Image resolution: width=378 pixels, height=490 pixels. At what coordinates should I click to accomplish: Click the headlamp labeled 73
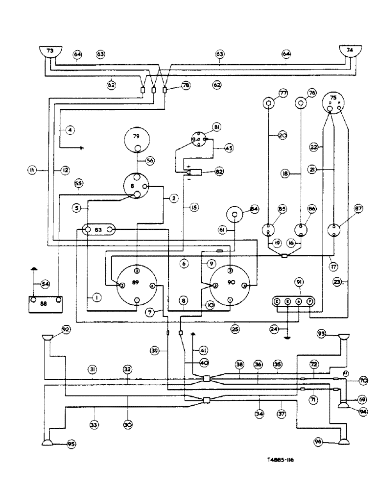[x=50, y=51]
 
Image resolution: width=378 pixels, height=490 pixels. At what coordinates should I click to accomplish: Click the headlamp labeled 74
[x=351, y=51]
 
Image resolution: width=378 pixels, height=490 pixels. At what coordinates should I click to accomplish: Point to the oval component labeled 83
[x=98, y=230]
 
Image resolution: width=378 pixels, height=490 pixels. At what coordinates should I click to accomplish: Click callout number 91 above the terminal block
[x=299, y=282]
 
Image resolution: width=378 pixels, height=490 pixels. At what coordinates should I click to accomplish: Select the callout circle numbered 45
[x=229, y=148]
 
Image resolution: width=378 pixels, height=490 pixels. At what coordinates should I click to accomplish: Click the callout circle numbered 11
[x=32, y=170]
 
